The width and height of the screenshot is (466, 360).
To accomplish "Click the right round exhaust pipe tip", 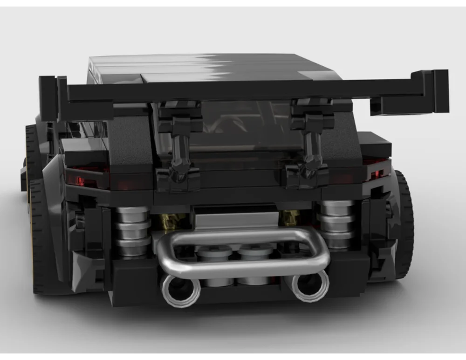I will (310, 285).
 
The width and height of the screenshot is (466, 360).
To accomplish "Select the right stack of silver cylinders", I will (336, 224).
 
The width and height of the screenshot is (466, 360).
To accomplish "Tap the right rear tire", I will (404, 224).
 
